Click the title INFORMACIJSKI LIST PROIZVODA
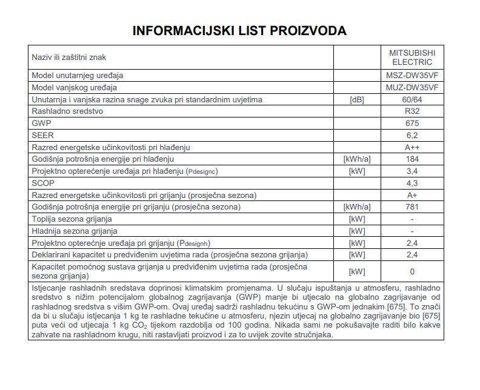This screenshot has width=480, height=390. coord(239,30)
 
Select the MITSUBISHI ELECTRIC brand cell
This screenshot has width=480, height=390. coord(412,58)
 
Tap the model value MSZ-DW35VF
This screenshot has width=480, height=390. coord(412,76)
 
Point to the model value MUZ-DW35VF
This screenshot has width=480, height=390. coord(412,88)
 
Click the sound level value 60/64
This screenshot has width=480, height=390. coord(412,99)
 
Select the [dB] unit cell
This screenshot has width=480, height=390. coord(357,99)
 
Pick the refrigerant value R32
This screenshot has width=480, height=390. coord(412,111)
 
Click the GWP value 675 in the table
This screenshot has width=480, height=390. coord(412,123)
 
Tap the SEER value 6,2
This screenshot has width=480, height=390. coord(412,135)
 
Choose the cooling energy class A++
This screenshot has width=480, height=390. coord(412,147)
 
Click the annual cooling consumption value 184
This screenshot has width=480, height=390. coord(412,159)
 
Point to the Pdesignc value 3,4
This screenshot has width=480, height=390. coord(412,171)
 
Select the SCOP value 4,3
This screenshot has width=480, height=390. coord(412,183)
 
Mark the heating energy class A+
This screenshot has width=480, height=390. coord(412,195)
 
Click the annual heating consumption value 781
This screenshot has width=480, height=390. coord(412,207)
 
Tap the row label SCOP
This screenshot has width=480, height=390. coord(42,183)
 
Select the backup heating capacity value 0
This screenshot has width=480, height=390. coord(412,272)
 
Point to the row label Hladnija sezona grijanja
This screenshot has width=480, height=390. coord(75,231)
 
